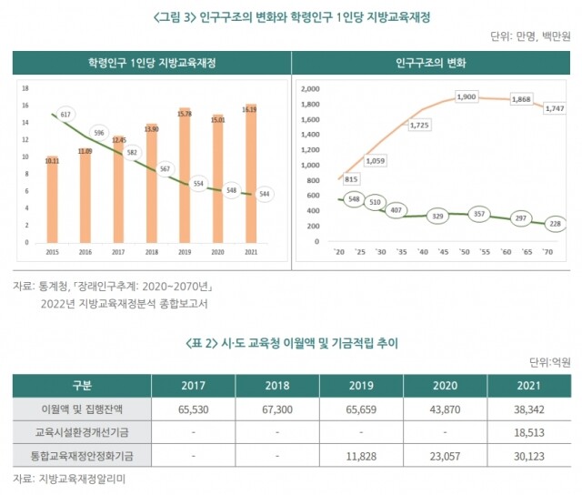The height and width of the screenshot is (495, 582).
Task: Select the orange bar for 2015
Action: [52, 200]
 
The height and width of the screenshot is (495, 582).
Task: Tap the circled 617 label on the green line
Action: [65, 115]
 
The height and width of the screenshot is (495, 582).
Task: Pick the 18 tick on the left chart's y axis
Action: [25, 88]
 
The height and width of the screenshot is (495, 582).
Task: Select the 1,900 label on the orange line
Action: [466, 96]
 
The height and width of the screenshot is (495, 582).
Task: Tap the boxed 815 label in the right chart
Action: [351, 179]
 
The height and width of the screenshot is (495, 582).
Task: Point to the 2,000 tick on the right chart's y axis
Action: [310, 89]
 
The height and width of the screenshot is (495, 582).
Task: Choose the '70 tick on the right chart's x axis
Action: [547, 251]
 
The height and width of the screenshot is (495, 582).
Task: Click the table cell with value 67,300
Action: [276, 410]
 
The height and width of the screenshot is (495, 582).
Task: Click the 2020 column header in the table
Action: [445, 385]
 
